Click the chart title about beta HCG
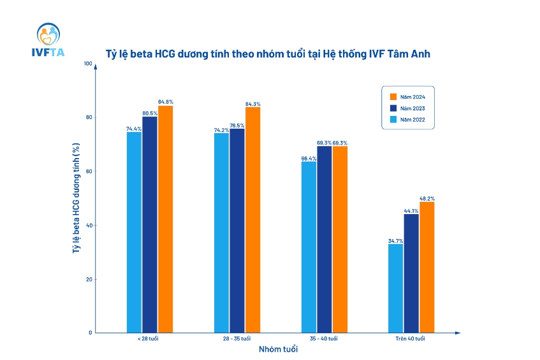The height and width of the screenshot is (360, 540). (x=268, y=55)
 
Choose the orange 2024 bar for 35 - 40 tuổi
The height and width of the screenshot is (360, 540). (x=340, y=239)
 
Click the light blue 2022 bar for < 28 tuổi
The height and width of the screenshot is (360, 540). (x=134, y=232)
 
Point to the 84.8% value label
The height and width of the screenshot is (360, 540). (x=166, y=102)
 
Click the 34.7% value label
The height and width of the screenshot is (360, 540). (x=395, y=240)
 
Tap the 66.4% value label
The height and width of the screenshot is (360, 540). (x=309, y=158)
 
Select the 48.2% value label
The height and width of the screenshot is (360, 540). (x=427, y=199)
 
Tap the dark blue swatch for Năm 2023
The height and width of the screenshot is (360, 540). (x=393, y=108)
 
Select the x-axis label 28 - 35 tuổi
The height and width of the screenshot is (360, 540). (x=237, y=338)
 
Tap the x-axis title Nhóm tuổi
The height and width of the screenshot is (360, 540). (x=277, y=350)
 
